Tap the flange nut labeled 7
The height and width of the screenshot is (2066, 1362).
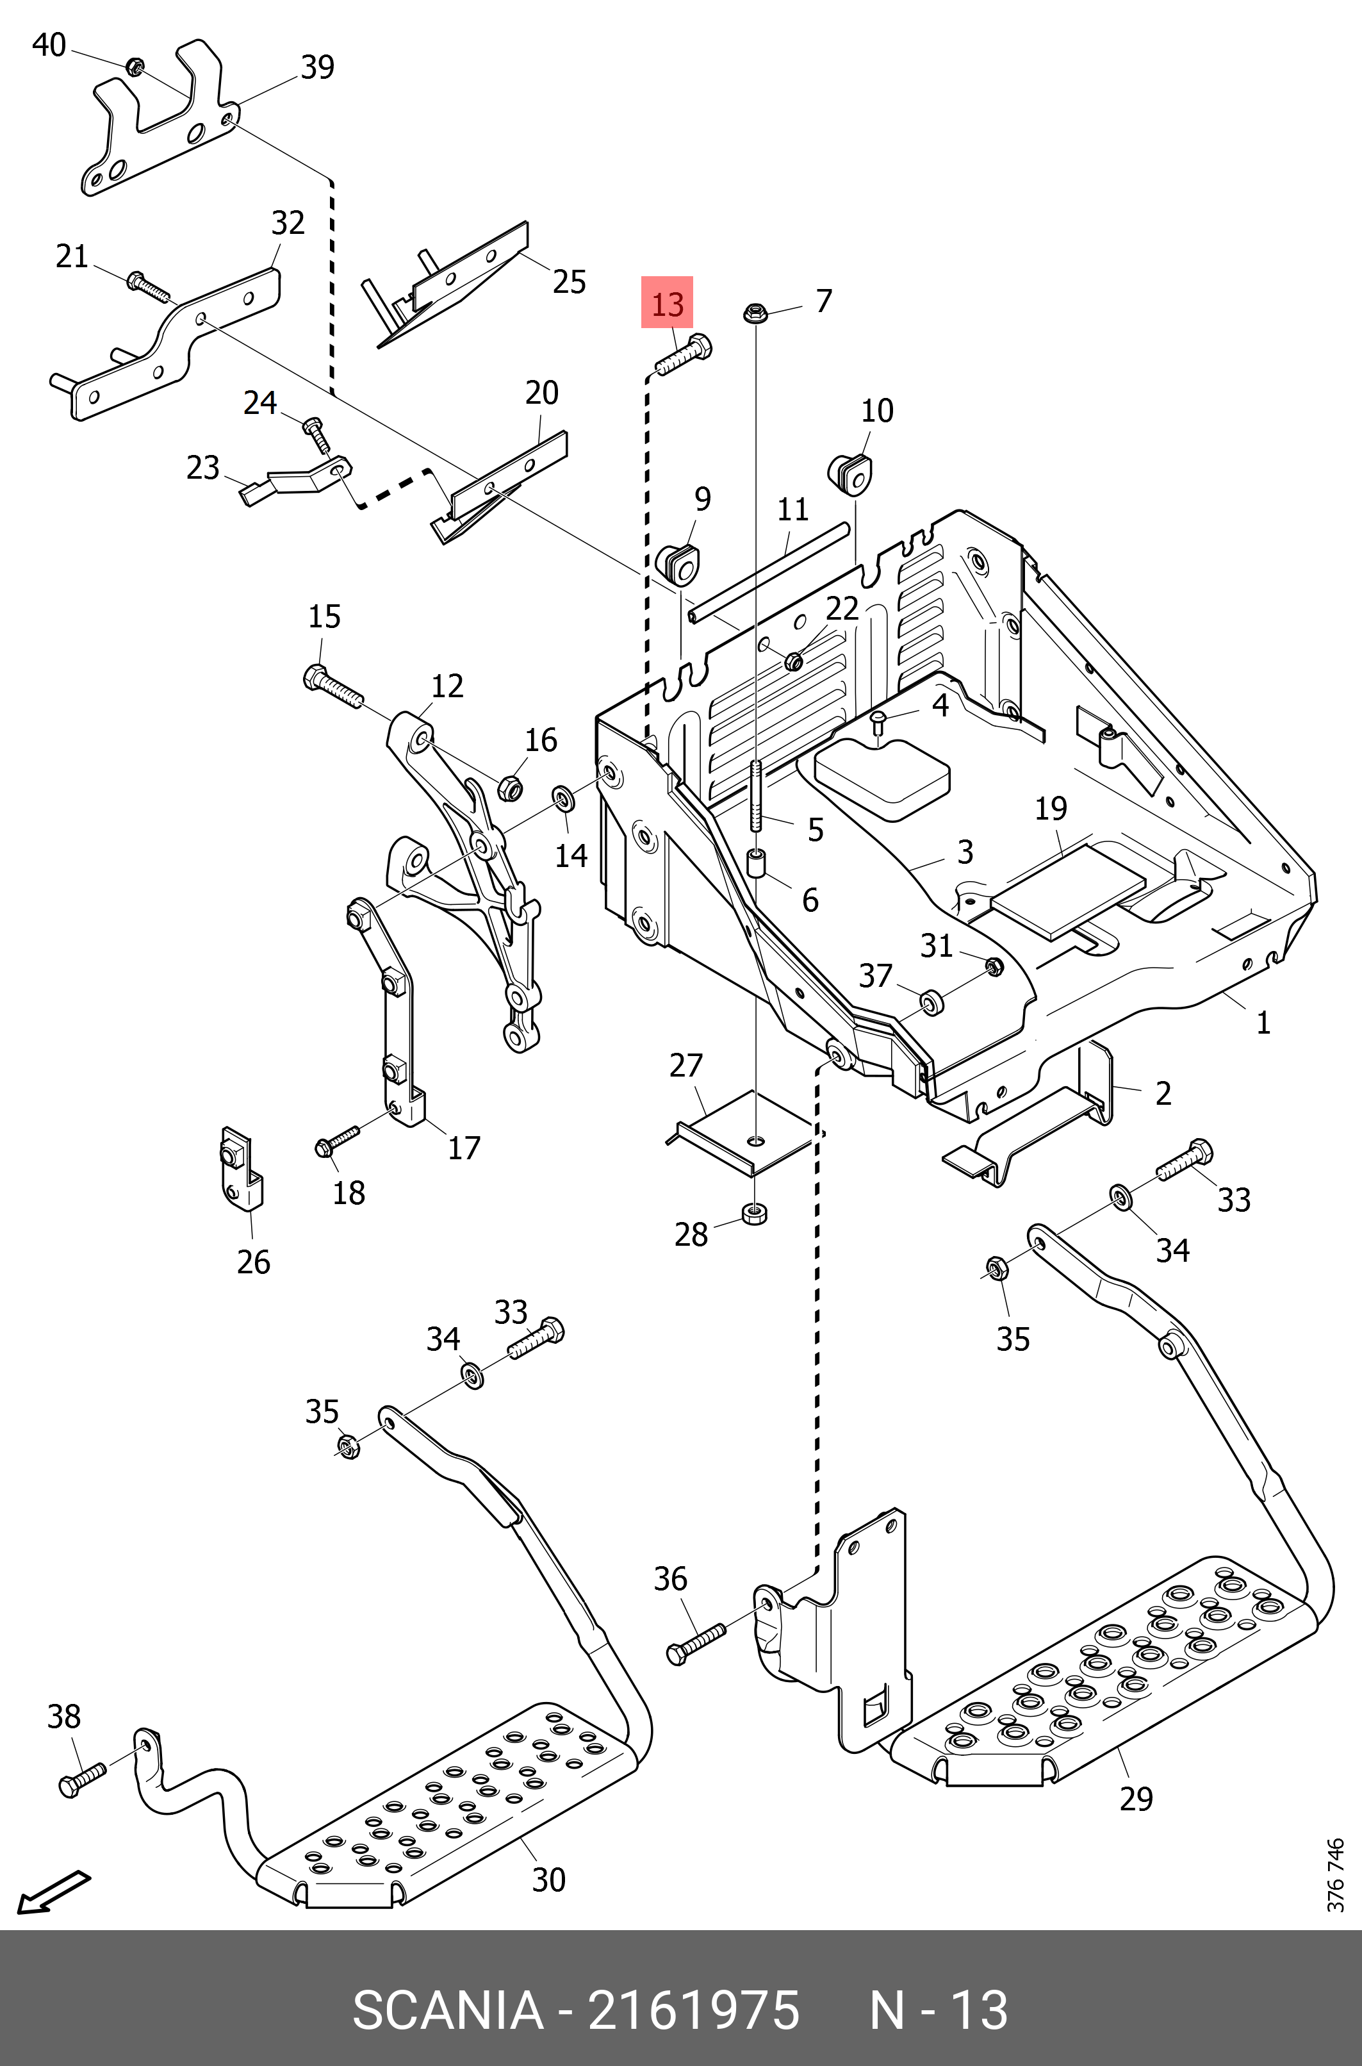point(753,312)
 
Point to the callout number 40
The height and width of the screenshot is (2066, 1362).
point(49,45)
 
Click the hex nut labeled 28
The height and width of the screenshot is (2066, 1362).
point(754,1214)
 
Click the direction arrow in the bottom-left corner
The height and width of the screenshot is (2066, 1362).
point(54,1890)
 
